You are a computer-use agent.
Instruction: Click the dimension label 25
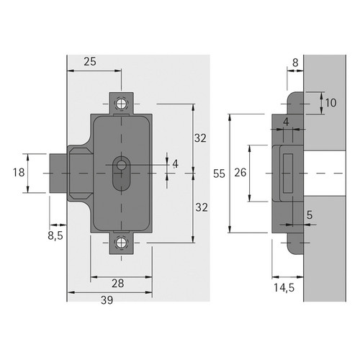point(90,61)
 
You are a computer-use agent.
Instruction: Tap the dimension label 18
point(19,172)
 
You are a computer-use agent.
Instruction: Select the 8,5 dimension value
point(55,235)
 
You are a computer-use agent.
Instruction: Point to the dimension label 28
point(118,284)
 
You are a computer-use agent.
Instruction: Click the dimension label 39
point(107,300)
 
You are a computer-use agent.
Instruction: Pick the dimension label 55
point(219,174)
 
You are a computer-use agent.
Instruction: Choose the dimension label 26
point(240,173)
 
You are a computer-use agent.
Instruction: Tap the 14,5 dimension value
point(284,288)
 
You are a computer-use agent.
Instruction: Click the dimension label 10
point(330,103)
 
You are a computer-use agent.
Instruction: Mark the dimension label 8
point(295,63)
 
